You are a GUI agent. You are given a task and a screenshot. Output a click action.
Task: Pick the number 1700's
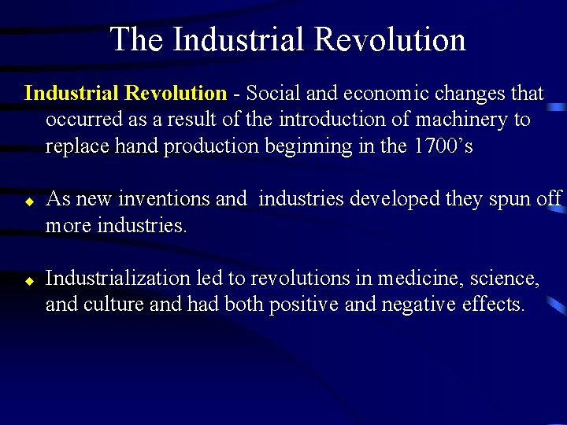[443, 146]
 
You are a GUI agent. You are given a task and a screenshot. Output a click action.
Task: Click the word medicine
[414, 278]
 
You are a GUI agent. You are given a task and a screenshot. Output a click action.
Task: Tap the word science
[500, 278]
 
